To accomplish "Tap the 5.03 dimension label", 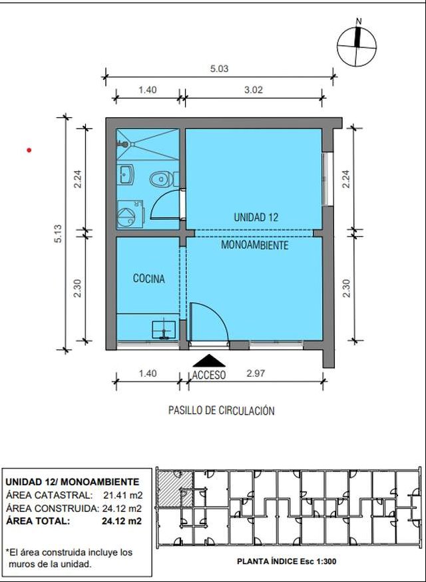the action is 219,69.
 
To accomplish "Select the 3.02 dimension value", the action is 254,90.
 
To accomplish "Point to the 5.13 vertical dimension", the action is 58,233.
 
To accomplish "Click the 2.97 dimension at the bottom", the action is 256,373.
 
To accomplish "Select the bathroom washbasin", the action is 126,175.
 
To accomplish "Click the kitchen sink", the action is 163,329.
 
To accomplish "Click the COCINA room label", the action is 148,279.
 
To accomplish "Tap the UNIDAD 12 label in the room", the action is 256,217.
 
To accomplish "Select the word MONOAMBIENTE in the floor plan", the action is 254,245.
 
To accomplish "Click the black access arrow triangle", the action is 209,361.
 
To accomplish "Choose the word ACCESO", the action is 209,375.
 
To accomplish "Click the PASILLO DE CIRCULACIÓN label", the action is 222,411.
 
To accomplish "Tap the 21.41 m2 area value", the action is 122,495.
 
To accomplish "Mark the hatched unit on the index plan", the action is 175,488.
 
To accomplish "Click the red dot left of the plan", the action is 29,150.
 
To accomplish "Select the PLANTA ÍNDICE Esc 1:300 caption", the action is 286,561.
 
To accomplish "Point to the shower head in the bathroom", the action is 123,144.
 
